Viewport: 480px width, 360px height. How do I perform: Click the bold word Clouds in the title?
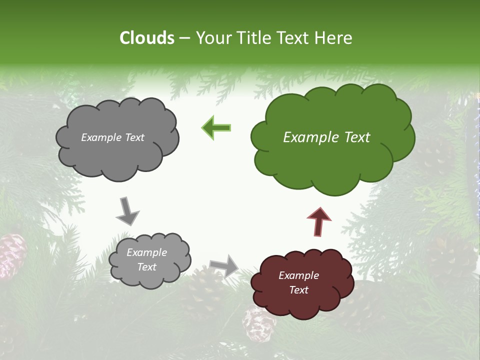(147, 38)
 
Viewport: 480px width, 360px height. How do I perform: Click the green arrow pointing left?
(216, 128)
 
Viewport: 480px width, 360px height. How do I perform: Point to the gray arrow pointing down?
(127, 211)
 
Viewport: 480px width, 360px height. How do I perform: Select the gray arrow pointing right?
(224, 265)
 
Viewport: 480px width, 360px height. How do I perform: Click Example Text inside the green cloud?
(326, 137)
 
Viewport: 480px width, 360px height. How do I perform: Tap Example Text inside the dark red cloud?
(298, 282)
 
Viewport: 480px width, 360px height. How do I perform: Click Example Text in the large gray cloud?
(112, 137)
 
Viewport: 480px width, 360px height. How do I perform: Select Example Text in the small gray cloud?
(146, 259)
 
